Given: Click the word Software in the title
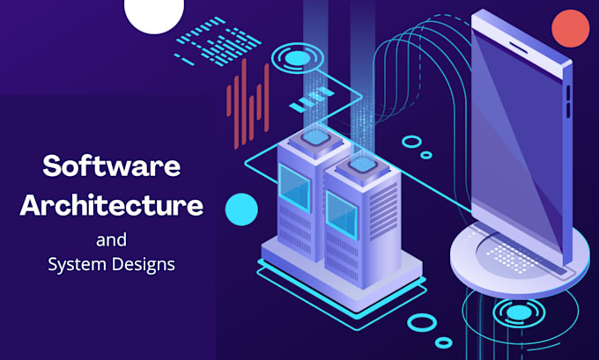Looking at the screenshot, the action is point(111,166).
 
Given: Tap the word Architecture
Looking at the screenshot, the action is point(111,207).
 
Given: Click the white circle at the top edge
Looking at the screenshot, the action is point(154,12).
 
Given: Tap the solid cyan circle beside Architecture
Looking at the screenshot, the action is point(241,209).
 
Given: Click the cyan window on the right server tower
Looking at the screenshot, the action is point(338,212).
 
